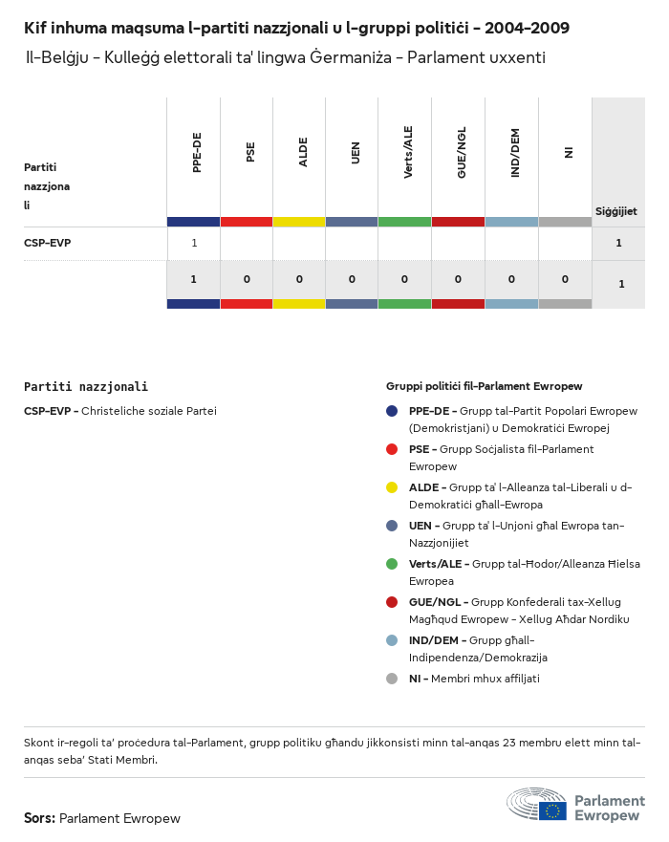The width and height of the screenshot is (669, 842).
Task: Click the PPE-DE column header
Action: point(197,153)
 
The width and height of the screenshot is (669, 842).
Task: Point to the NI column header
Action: point(568,152)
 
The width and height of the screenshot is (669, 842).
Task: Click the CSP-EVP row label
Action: point(48,243)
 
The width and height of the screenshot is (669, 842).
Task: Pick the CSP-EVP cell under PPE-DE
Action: point(194,243)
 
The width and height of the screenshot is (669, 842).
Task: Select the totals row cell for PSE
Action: point(247,280)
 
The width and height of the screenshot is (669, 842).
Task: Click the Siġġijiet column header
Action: point(616,211)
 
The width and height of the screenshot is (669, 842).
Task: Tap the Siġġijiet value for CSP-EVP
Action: point(619,243)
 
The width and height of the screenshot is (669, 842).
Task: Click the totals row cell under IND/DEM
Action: point(511,280)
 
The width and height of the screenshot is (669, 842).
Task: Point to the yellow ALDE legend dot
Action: point(392,487)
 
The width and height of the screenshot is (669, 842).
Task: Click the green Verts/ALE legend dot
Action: point(392,564)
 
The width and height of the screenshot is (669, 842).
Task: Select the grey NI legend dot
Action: point(392,679)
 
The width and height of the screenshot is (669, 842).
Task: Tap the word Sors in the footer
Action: point(39,819)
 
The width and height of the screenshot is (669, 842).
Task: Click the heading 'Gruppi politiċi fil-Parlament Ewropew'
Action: point(484,387)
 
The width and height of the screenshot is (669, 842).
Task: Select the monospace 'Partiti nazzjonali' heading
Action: point(86,387)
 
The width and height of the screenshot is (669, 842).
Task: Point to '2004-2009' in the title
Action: point(527,29)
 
